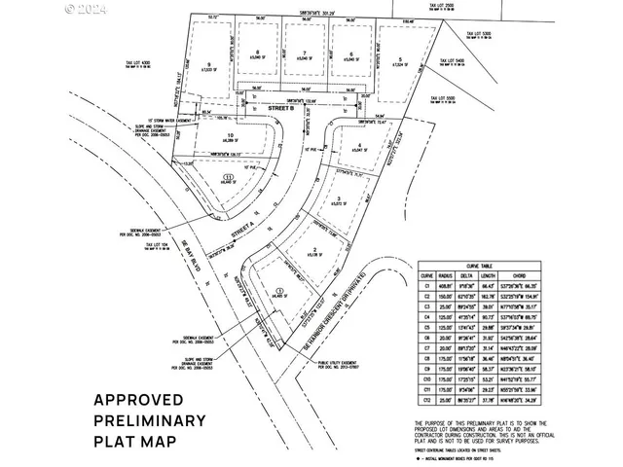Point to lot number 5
pyautogui.click(x=399, y=57)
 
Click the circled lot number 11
pyautogui.click(x=227, y=177)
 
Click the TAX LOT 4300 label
pyautogui.click(x=140, y=65)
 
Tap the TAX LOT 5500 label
pyautogui.click(x=444, y=97)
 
